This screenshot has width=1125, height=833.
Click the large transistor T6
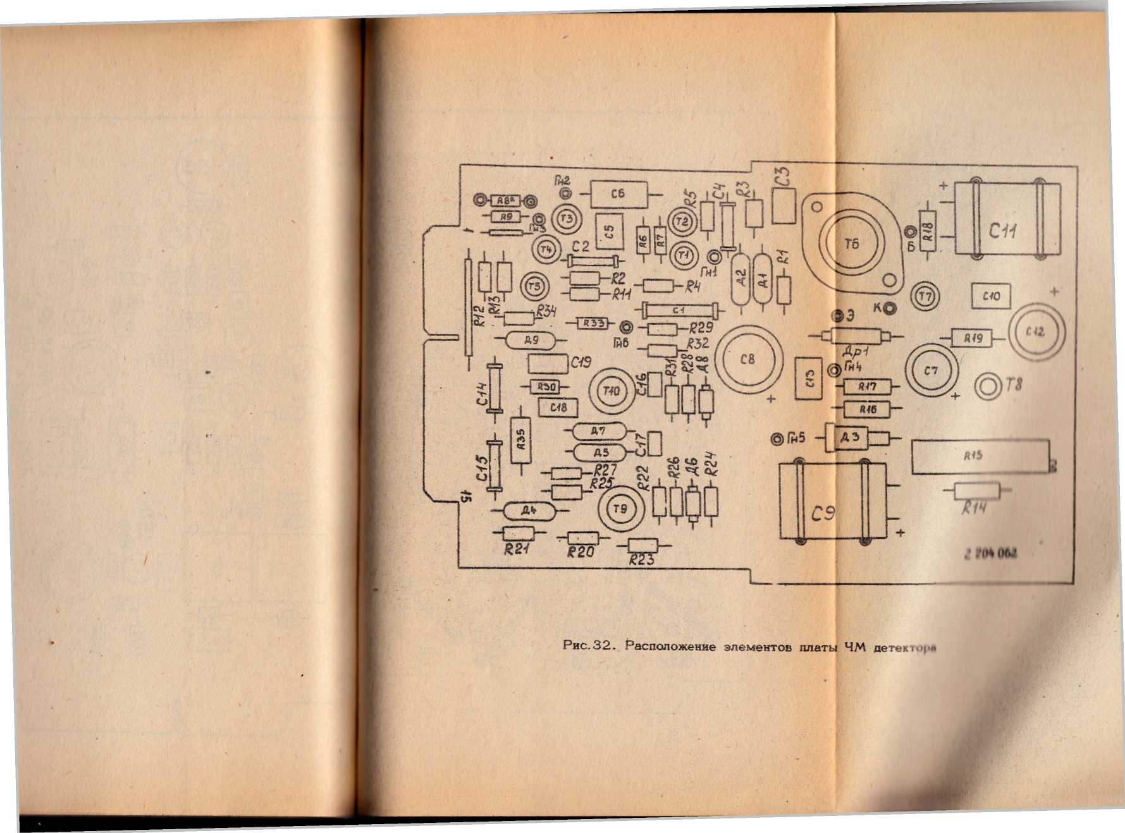(851, 243)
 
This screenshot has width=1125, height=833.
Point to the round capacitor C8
(747, 359)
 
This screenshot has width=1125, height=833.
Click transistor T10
(611, 391)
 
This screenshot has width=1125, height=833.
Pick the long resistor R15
(980, 456)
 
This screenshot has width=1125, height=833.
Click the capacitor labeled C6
(618, 194)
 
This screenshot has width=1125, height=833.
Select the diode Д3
(849, 437)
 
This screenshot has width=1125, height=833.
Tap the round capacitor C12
(1036, 332)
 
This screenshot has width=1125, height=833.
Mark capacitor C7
(931, 371)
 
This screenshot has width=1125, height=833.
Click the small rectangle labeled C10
(991, 296)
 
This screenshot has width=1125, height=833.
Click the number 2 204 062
(990, 554)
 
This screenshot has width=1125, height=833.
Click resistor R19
(973, 339)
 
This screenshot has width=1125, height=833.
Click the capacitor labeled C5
(609, 231)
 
